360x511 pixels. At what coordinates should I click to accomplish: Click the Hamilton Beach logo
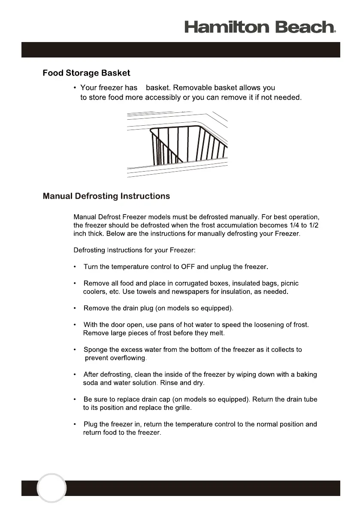tap(260, 27)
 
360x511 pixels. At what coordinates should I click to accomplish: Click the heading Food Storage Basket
tap(86, 73)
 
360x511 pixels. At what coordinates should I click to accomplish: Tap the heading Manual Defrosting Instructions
tap(106, 197)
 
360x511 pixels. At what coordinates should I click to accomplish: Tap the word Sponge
tap(96, 350)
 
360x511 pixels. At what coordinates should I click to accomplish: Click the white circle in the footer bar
tap(51, 488)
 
